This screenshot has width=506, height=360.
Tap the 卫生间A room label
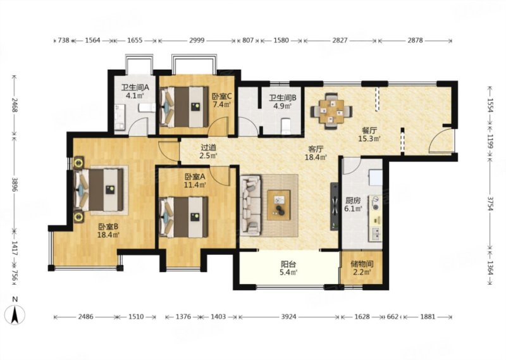(135, 87)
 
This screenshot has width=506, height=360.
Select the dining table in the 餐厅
(331, 111)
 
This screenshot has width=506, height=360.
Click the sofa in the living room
(250, 205)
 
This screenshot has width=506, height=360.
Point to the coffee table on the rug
(278, 205)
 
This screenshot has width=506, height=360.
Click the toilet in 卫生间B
(286, 127)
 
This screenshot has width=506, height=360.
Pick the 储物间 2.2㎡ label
(362, 268)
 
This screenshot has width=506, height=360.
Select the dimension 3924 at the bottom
(288, 317)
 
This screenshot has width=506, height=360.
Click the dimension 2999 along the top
(197, 40)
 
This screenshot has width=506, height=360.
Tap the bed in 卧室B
(99, 190)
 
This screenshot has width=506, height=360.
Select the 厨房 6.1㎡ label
(352, 205)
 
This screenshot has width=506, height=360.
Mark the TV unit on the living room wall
(335, 207)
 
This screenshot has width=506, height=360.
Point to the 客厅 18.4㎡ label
(316, 153)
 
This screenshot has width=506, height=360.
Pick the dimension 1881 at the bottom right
(428, 317)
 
